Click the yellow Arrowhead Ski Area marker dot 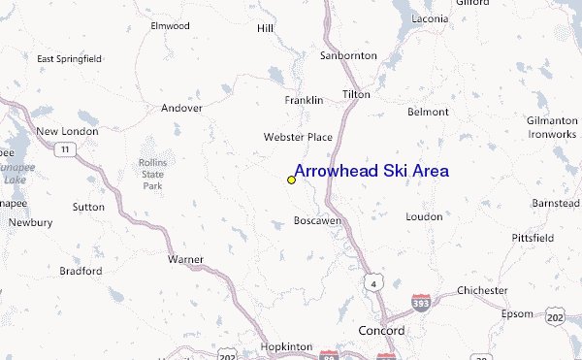coord(291,180)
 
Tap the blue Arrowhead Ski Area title coord(371,171)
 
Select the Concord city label coord(381,331)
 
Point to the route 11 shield coord(64,148)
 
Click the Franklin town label coord(303,101)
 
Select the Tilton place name coord(356,94)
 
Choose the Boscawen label coord(317,221)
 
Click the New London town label coord(67,131)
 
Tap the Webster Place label coord(298,138)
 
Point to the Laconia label coord(429,18)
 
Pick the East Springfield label coord(70,59)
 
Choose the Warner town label coord(185,260)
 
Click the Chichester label coord(483,290)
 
